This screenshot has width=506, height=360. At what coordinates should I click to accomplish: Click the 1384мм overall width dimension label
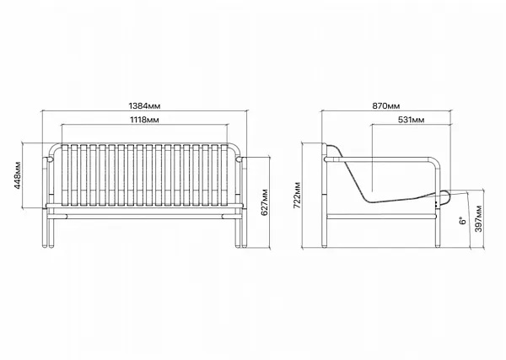pyautogui.click(x=144, y=105)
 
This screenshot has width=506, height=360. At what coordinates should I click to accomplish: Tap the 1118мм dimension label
pyautogui.click(x=144, y=120)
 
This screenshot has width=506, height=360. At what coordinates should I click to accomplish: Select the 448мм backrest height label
pyautogui.click(x=18, y=175)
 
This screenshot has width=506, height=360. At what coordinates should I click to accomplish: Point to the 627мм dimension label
pyautogui.click(x=265, y=202)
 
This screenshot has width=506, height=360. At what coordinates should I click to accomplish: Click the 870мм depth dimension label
pyautogui.click(x=386, y=105)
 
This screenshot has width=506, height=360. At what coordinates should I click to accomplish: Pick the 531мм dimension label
pyautogui.click(x=412, y=120)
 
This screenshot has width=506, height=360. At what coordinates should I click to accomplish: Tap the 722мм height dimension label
pyautogui.click(x=297, y=195)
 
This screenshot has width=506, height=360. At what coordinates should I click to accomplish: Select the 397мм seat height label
pyautogui.click(x=478, y=218)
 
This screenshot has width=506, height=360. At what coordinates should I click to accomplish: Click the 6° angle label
pyautogui.click(x=463, y=221)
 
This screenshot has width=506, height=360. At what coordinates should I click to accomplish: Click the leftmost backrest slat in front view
pyautogui.click(x=65, y=175)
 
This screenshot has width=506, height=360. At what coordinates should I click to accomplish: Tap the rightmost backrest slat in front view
pyautogui.click(x=224, y=175)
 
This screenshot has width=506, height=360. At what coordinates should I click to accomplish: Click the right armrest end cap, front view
pyautogui.click(x=239, y=159)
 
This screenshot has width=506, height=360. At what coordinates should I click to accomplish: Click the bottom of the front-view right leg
pyautogui.click(x=241, y=246)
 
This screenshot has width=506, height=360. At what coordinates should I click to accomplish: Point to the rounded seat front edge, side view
pyautogui.click(x=446, y=197)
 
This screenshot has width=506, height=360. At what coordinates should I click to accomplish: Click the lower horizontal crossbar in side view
pyautogui.click(x=381, y=217)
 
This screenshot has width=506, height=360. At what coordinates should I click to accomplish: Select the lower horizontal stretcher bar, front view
pyautogui.click(x=144, y=216)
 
